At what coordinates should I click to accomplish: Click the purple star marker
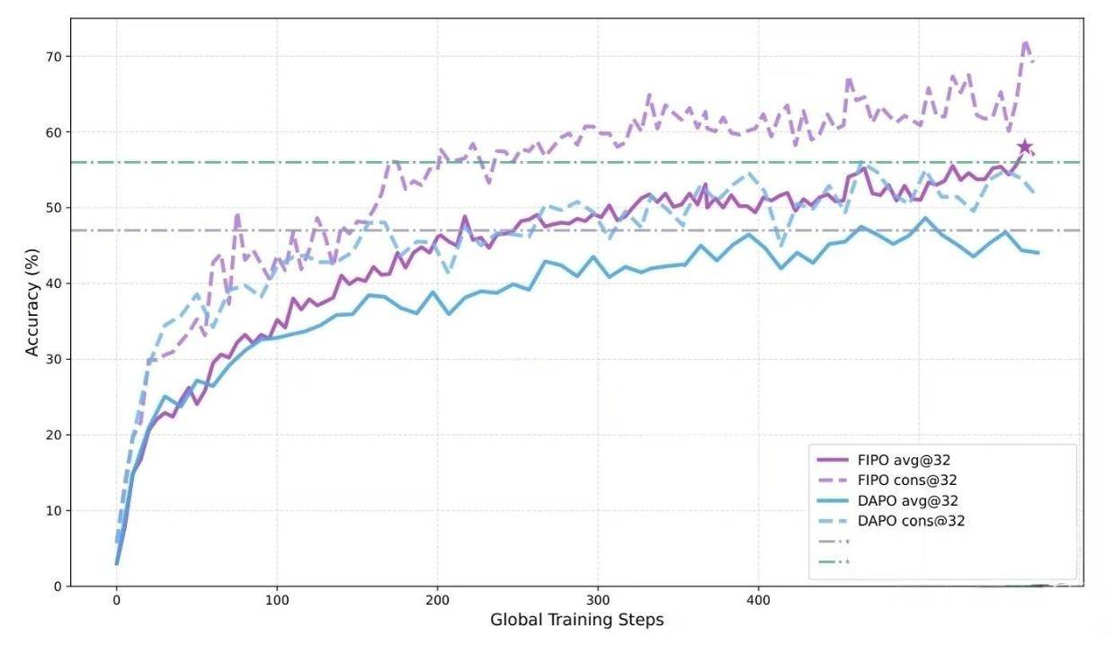(x=1024, y=148)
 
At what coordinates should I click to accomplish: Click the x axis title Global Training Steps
(x=576, y=621)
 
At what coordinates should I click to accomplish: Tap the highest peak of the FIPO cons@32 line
(x=1025, y=41)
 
